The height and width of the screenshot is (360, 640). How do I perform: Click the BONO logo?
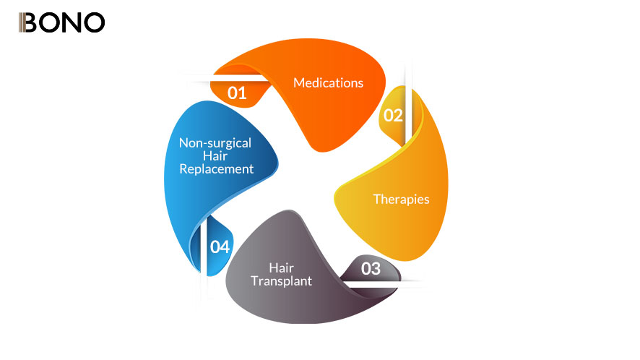coord(61,22)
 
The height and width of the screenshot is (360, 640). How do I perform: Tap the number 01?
coord(237,93)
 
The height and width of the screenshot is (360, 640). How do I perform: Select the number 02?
coord(393,116)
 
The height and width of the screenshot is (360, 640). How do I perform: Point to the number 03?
coord(371,269)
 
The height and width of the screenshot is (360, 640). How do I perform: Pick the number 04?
coord(220,247)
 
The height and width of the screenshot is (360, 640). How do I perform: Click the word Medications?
coord(328,82)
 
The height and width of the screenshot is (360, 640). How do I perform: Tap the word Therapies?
coord(401,199)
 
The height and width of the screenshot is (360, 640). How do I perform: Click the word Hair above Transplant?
coord(281,267)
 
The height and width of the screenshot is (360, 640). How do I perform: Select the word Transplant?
coord(281,280)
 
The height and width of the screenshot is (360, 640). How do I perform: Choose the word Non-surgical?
coord(215,142)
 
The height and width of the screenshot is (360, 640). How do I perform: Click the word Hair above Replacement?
coord(215,155)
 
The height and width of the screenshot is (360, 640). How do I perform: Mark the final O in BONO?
coord(93,22)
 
